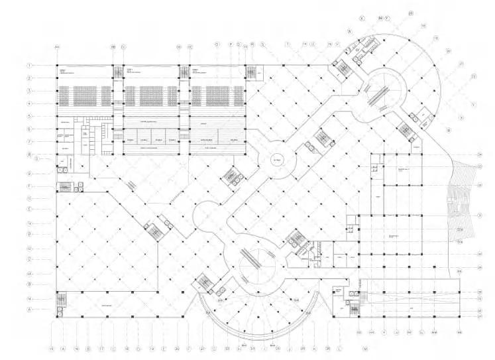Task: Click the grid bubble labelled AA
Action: (x=57, y=47)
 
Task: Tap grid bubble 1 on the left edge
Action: (x=30, y=66)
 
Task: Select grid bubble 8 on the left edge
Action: (x=30, y=154)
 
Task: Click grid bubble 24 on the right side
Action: (x=478, y=154)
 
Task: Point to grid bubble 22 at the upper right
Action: (x=473, y=76)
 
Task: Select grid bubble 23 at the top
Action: (x=411, y=13)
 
